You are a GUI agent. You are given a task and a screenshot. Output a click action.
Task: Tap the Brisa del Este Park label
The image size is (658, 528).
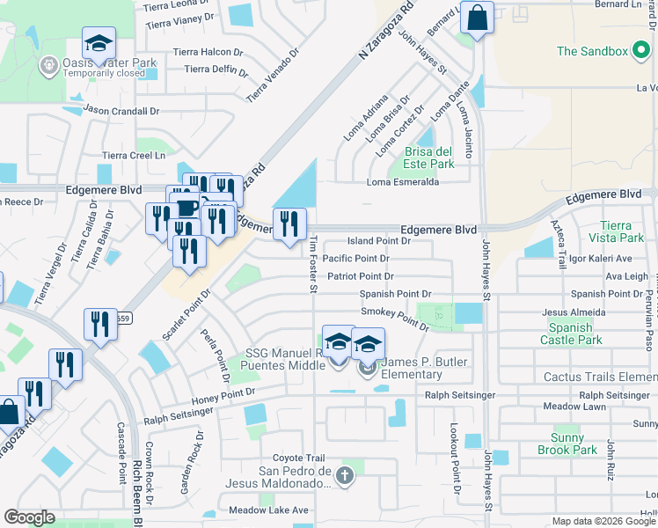click(x=428, y=158)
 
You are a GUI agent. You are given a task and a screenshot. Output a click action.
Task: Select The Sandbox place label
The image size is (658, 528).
click(x=593, y=51)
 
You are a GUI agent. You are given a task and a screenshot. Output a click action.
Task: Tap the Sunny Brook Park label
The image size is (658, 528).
click(x=567, y=444)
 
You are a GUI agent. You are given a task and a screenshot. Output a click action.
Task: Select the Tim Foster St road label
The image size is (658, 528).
click(x=313, y=266)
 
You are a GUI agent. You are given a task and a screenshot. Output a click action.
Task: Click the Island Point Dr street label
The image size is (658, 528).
click(x=379, y=240)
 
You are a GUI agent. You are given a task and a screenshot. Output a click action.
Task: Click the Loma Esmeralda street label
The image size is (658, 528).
click(x=403, y=182)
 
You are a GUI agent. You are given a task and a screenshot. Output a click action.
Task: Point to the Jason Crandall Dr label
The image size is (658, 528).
click(x=121, y=111)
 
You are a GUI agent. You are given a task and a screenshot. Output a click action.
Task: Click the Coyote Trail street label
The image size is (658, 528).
click(x=299, y=458)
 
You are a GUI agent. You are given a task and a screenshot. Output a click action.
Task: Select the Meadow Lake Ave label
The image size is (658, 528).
click(x=268, y=510)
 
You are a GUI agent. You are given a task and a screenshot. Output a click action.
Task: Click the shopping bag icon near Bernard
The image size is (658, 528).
click(x=476, y=18)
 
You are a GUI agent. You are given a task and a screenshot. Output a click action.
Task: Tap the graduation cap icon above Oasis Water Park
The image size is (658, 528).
click(x=99, y=43)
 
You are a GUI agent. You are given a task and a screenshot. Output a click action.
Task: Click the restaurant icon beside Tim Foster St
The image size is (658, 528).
click(x=289, y=224)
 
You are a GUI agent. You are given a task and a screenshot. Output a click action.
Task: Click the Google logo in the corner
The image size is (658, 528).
click(x=30, y=517)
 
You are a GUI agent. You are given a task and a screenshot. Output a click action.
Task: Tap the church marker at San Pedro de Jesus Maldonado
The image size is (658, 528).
click(x=344, y=476)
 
